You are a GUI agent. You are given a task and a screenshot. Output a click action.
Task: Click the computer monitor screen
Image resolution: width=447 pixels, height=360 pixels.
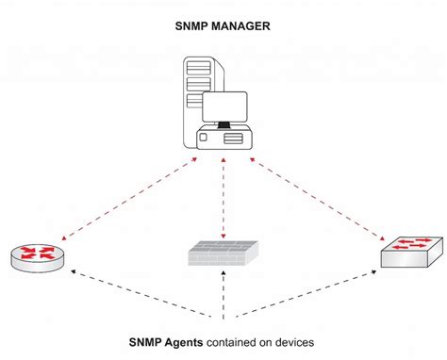224,108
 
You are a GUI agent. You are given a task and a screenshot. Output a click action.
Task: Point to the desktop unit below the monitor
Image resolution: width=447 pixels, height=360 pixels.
225,139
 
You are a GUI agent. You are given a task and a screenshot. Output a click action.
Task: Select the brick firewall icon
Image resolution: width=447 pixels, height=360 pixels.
223,252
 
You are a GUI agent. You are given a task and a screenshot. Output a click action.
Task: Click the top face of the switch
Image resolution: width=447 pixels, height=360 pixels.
412,243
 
